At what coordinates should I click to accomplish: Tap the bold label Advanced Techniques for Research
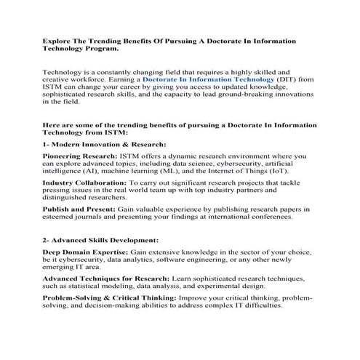tap(105, 279)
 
